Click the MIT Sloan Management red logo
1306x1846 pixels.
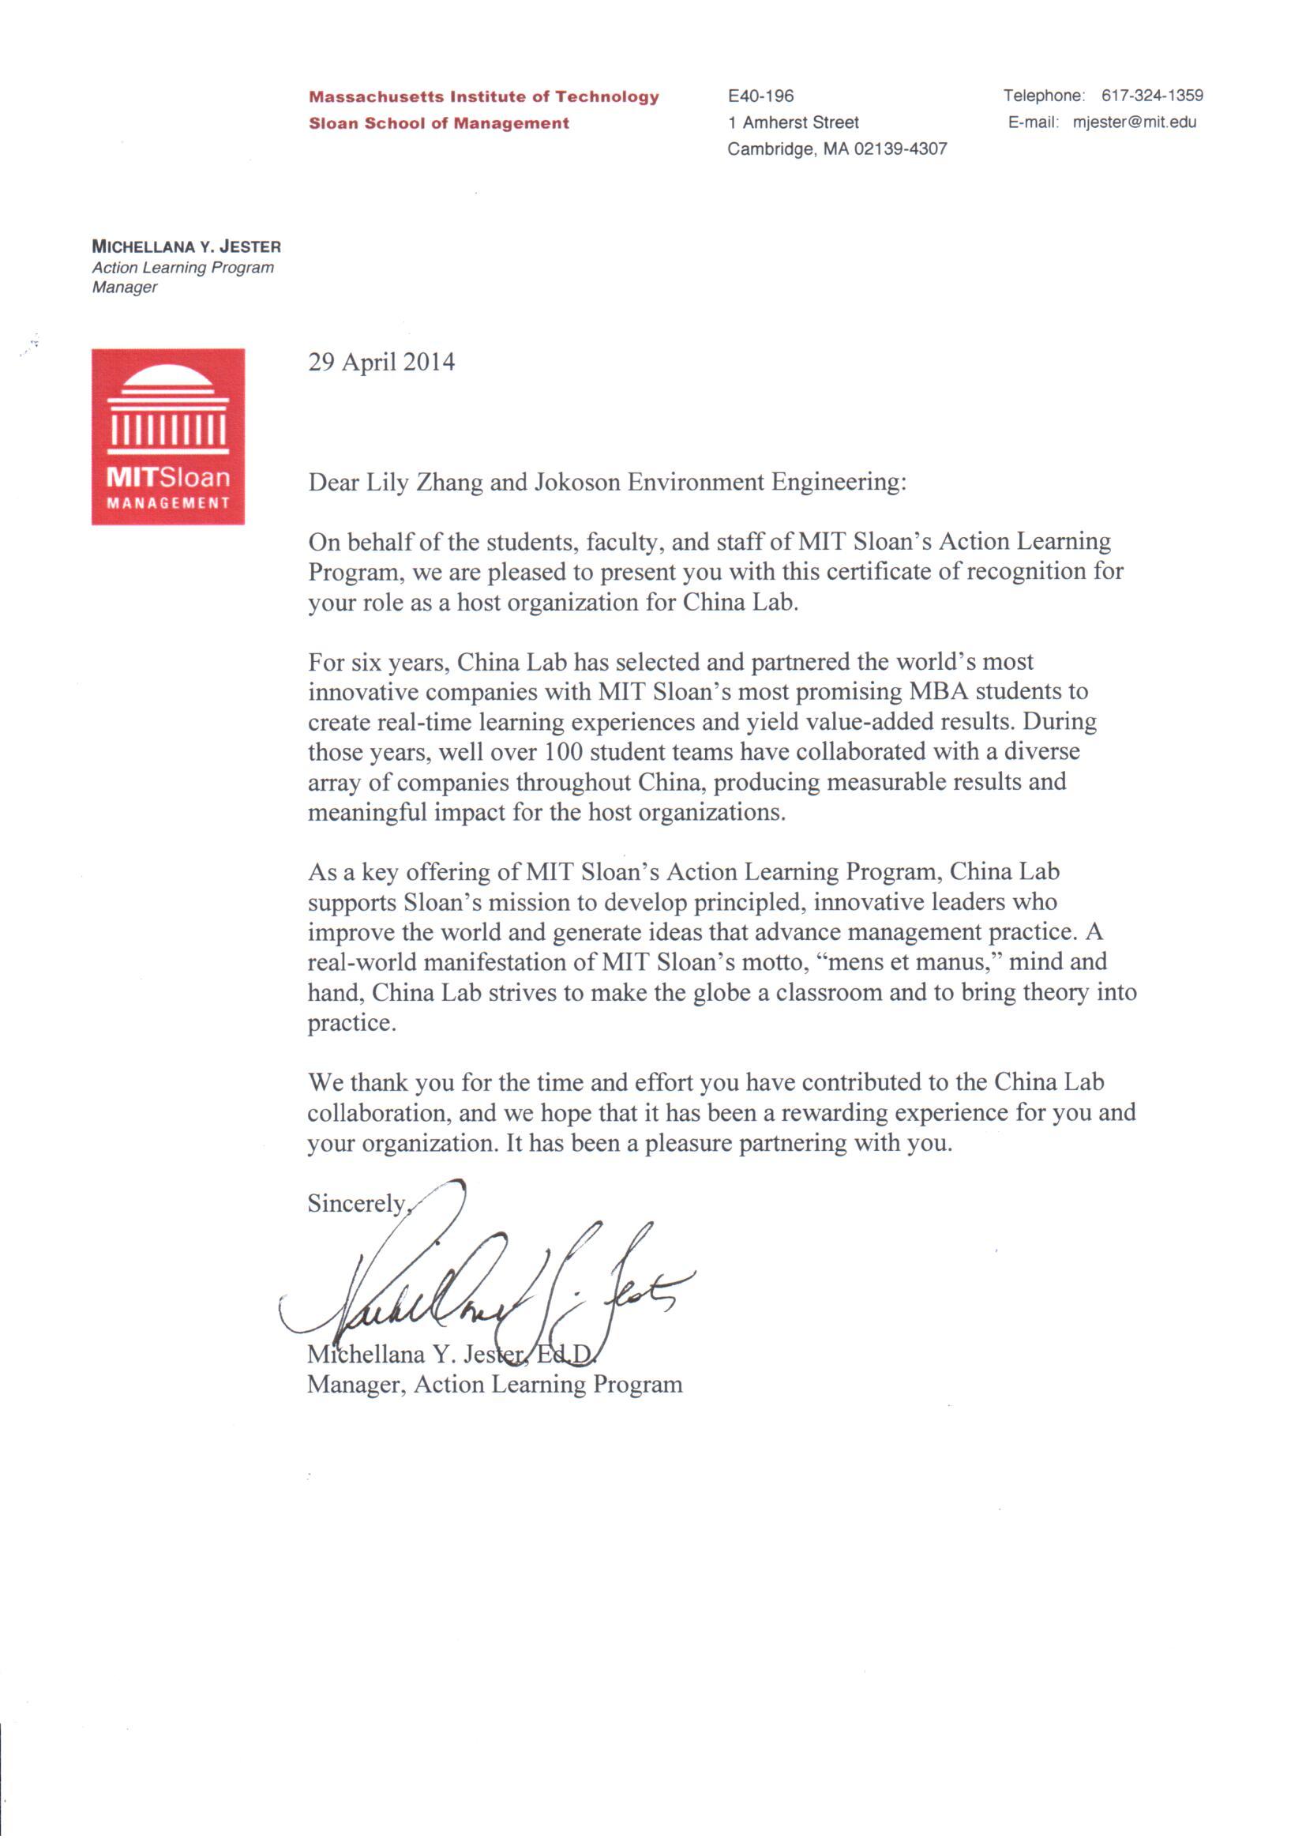point(167,436)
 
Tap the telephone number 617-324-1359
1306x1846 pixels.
point(1151,96)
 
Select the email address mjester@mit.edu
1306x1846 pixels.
point(1134,122)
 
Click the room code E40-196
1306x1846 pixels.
point(760,96)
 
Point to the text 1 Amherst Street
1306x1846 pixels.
point(793,122)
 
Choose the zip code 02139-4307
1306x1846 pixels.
point(900,149)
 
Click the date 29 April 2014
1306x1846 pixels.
point(381,362)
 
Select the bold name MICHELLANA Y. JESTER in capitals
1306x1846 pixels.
point(186,247)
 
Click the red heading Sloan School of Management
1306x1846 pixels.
point(438,123)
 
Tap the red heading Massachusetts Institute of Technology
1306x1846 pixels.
point(483,96)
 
